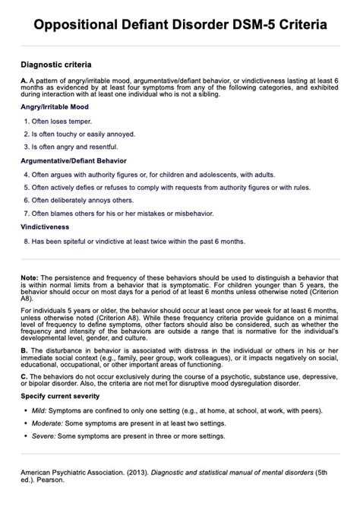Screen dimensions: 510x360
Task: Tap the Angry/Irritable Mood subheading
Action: pos(55,108)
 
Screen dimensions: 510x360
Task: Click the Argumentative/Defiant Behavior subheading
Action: pos(74,161)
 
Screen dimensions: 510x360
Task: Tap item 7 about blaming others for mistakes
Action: pos(114,214)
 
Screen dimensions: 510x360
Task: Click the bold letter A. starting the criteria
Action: pos(24,80)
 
